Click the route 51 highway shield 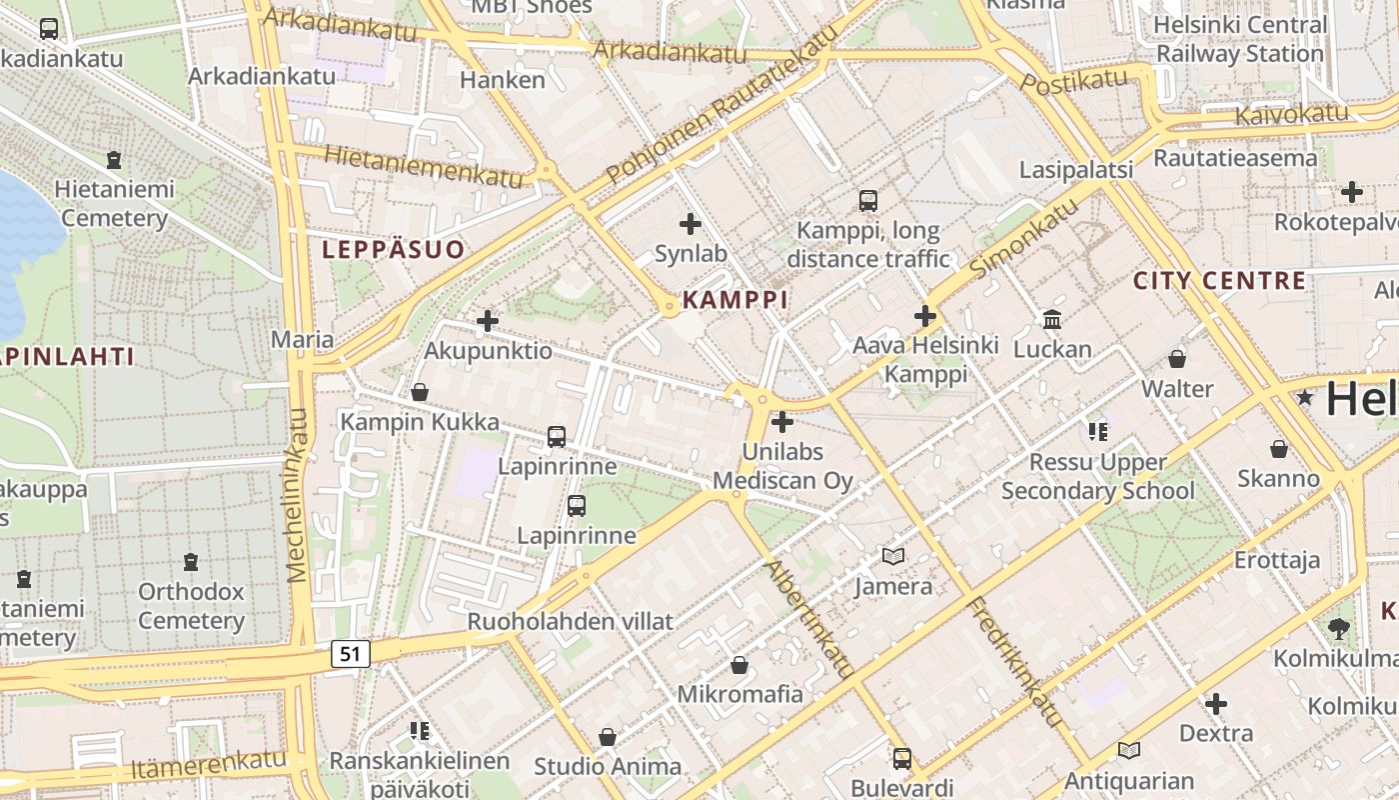click(x=350, y=654)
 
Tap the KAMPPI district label click(x=735, y=300)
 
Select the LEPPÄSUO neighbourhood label click(x=393, y=249)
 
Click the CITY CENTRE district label click(x=1219, y=281)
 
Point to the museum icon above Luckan click(x=1052, y=320)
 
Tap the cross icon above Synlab click(x=690, y=225)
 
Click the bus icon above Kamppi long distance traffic click(x=868, y=201)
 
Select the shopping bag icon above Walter click(x=1177, y=359)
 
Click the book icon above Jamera click(x=892, y=556)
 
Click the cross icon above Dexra click(x=1215, y=704)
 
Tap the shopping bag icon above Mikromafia click(x=739, y=665)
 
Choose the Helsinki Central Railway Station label click(x=1239, y=39)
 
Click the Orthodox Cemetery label click(x=191, y=606)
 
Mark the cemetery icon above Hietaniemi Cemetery click(x=114, y=160)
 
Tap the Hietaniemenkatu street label click(x=424, y=166)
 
